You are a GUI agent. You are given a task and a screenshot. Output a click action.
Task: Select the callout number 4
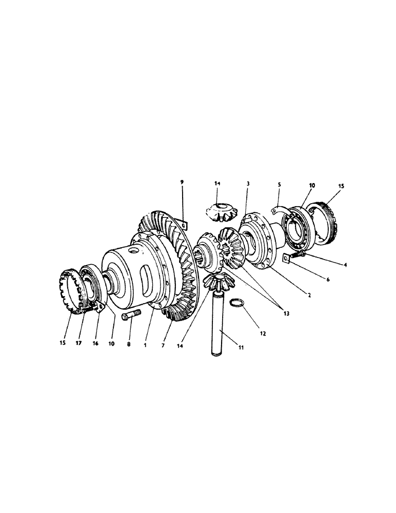345,265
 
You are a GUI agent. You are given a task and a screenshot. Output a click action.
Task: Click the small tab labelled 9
184,224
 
